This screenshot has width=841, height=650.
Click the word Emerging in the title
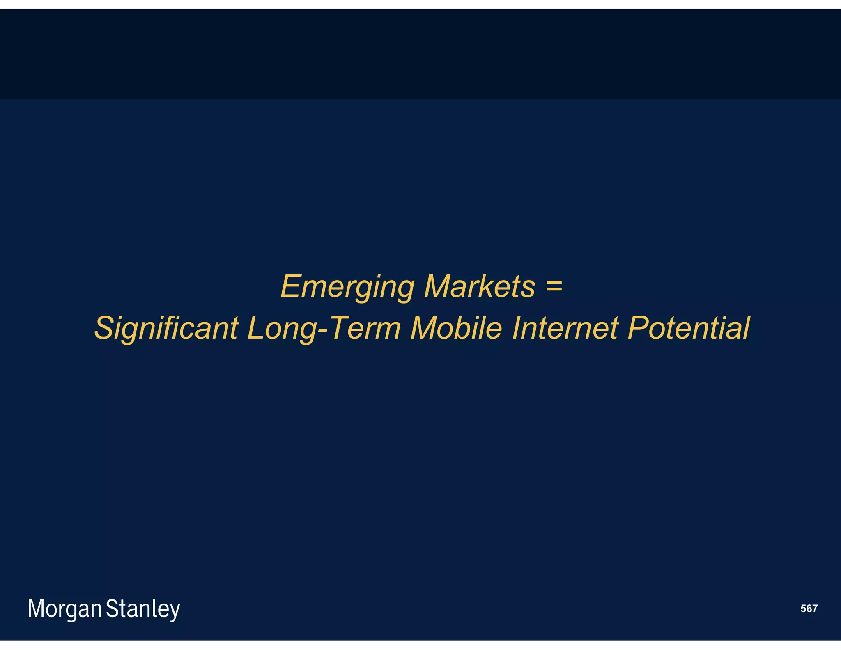(x=347, y=287)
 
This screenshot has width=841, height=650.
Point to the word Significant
(x=166, y=328)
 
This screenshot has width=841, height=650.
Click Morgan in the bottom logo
(x=64, y=609)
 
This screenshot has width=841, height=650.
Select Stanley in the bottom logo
(x=143, y=609)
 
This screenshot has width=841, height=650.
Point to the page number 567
(x=809, y=609)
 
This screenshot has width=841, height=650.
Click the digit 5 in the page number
(x=803, y=609)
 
